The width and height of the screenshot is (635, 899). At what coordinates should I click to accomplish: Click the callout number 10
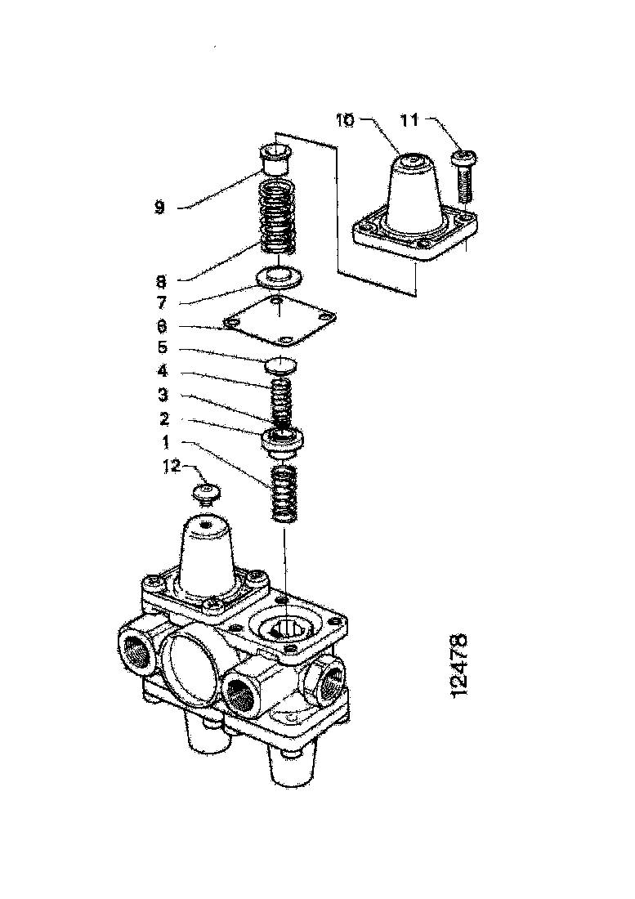click(346, 120)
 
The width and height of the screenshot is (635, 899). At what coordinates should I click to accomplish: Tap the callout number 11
click(409, 120)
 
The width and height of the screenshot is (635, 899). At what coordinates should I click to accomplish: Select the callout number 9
click(160, 207)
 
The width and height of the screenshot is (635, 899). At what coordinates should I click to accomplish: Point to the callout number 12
click(172, 466)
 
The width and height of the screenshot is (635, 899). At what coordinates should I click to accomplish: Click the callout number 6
click(162, 327)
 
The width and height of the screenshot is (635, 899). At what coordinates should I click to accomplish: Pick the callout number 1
click(166, 442)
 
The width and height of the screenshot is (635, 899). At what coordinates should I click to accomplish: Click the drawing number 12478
click(459, 665)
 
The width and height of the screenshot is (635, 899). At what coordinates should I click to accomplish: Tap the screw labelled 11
click(463, 175)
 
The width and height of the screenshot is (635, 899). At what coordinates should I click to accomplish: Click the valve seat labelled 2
click(282, 443)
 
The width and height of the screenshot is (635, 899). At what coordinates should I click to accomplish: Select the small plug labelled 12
click(206, 494)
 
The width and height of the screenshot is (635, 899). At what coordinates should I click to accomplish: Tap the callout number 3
click(163, 395)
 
